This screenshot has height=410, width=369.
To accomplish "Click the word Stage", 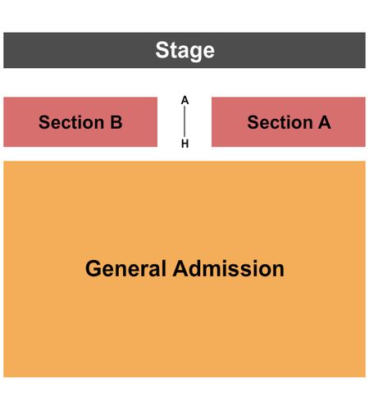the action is click(185, 51).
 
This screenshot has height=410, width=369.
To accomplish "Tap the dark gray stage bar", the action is click(184, 50).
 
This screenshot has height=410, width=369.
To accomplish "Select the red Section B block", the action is click(80, 122).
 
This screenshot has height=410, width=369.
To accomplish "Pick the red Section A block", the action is click(289, 122).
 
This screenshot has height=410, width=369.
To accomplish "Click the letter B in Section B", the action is click(116, 122).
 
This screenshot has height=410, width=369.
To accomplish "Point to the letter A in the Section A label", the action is click(325, 122).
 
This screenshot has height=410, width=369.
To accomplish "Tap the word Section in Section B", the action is click(71, 122).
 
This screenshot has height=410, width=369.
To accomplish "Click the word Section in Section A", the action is click(280, 122).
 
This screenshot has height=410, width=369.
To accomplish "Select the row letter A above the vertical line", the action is click(184, 101).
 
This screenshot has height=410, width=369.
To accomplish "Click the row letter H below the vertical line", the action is click(185, 143).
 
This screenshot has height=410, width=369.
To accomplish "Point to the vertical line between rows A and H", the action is click(184, 121).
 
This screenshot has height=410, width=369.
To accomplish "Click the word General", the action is click(125, 269).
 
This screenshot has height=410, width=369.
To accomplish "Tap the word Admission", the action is click(229, 269).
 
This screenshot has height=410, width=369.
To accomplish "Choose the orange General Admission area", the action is click(184, 269).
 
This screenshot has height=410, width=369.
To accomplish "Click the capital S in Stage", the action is click(162, 50).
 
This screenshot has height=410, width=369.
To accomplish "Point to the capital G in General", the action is click(93, 269).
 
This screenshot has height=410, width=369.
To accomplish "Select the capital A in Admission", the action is click(181, 268).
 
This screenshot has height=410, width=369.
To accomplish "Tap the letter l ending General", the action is click(164, 268).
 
